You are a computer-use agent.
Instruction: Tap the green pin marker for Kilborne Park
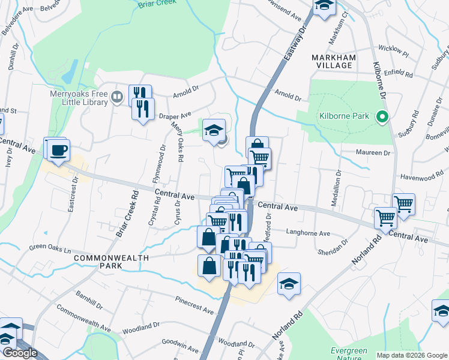point(381,118)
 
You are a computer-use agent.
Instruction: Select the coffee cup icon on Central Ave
point(58,150)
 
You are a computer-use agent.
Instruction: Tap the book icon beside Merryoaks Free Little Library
point(118,95)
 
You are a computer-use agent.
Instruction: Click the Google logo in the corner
point(19,353)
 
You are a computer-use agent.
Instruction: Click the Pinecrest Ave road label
point(194,305)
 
